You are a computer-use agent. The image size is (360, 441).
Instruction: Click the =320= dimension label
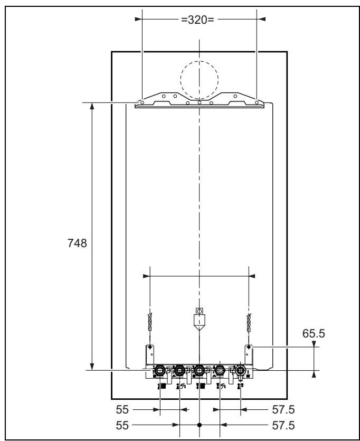click(197, 20)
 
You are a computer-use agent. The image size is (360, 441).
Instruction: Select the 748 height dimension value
click(77, 243)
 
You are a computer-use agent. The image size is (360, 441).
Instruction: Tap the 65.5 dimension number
click(314, 334)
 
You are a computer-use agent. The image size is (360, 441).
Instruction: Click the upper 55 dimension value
click(122, 410)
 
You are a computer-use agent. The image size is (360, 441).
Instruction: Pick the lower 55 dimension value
click(122, 426)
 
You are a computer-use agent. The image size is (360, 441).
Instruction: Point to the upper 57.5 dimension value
click(283, 410)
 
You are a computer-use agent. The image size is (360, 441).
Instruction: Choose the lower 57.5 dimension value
click(283, 426)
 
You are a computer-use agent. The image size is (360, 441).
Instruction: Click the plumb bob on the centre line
click(199, 319)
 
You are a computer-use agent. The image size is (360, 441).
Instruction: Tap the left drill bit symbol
click(150, 323)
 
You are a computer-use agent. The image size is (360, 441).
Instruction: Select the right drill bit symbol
click(249, 323)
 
